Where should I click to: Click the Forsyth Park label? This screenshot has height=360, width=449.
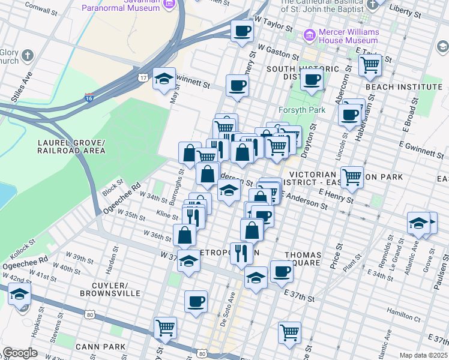pos(301,110)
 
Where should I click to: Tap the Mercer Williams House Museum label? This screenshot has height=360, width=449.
pos(339,36)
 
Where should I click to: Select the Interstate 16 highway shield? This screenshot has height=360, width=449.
pos(89,97)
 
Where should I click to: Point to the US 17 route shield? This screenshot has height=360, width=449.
pos(143,77)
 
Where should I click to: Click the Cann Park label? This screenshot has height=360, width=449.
pos(100,346)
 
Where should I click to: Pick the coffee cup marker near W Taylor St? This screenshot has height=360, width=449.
pos(243,31)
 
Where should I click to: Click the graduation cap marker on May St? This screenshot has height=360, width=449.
pos(164,79)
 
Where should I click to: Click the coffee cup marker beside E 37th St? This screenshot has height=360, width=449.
pos(281,271)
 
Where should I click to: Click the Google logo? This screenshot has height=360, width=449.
pos(19,352)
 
